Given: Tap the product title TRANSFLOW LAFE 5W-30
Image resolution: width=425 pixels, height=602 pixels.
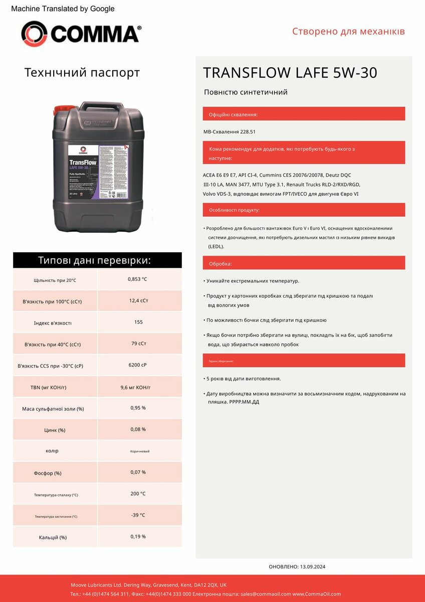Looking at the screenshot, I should (x=290, y=73).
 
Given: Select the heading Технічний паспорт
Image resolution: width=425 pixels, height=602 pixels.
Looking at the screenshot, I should (x=82, y=73).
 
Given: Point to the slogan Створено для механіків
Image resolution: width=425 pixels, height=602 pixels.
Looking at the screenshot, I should (x=348, y=32).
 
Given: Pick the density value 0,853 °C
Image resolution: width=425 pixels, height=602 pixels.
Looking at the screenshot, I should (x=137, y=279).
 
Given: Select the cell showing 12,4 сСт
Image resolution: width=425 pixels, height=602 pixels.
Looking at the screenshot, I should (x=139, y=300).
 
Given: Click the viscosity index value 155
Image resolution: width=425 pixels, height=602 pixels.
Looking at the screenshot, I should (x=139, y=322).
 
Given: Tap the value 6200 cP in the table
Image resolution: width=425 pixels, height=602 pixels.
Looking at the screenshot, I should (x=137, y=365).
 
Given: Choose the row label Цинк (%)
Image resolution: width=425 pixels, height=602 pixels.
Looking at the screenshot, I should (x=55, y=430).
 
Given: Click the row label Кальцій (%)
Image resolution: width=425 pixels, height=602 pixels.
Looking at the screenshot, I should (x=53, y=537).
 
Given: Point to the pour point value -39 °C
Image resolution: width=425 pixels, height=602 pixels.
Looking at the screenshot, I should (x=138, y=515).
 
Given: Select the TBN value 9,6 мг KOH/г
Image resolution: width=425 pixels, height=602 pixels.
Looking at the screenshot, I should (x=136, y=387).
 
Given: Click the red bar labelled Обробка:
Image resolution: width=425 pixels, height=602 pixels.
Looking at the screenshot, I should (x=304, y=263).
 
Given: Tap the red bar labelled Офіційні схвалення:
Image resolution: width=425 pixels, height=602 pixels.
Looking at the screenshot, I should (x=304, y=114).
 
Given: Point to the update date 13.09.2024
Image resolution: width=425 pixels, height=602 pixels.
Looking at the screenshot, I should (x=313, y=566).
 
